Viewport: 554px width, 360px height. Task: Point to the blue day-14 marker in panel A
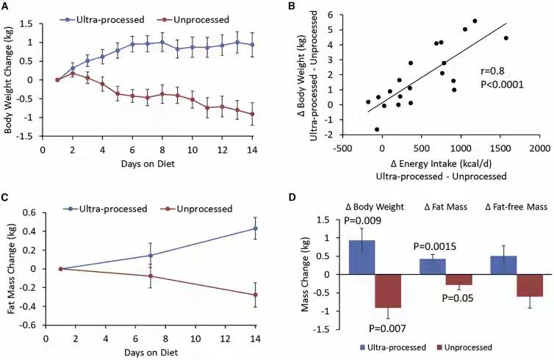tap(253, 45)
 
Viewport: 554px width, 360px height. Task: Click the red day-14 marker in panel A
tap(253, 114)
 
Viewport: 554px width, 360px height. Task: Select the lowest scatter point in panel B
tap(377, 129)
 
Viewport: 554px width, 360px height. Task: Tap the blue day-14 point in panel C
tap(254, 228)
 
